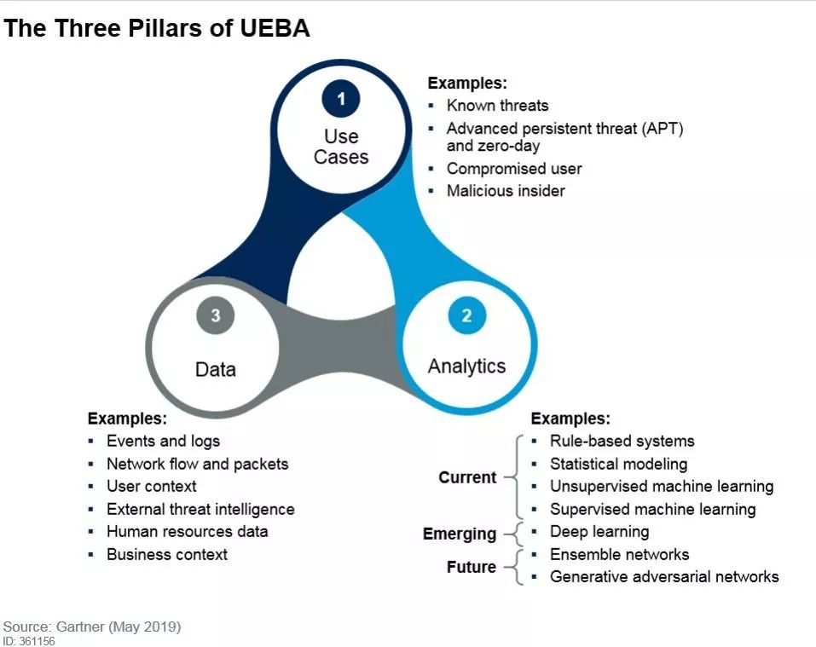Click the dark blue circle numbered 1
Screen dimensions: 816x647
pyautogui.click(x=341, y=98)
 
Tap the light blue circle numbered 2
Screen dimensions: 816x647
pyautogui.click(x=466, y=315)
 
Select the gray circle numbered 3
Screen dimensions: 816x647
pyautogui.click(x=216, y=315)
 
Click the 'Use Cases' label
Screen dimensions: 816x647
pyautogui.click(x=341, y=146)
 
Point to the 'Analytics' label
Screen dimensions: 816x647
pyautogui.click(x=466, y=367)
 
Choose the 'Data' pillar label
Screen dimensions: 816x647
pyautogui.click(x=216, y=369)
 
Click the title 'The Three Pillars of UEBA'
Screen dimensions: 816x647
pyautogui.click(x=157, y=28)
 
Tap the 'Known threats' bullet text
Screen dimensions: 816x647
pyautogui.click(x=497, y=106)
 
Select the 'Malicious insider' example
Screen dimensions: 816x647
pyautogui.click(x=506, y=191)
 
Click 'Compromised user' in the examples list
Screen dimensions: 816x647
pyautogui.click(x=514, y=169)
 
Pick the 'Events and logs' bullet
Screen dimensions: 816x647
pyautogui.click(x=164, y=441)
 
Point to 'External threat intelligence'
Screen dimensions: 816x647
pyautogui.click(x=201, y=509)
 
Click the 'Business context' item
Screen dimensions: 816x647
pyautogui.click(x=167, y=554)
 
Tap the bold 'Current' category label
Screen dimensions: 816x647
pyautogui.click(x=467, y=477)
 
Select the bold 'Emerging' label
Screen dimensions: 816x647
pyautogui.click(x=460, y=534)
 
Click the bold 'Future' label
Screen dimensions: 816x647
pyautogui.click(x=472, y=567)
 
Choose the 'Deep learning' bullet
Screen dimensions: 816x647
pyautogui.click(x=599, y=532)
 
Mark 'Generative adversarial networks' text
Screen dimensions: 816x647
pyautogui.click(x=664, y=577)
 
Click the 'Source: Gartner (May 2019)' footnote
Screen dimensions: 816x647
pyautogui.click(x=92, y=627)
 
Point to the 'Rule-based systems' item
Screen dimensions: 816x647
pyautogui.click(x=622, y=441)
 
